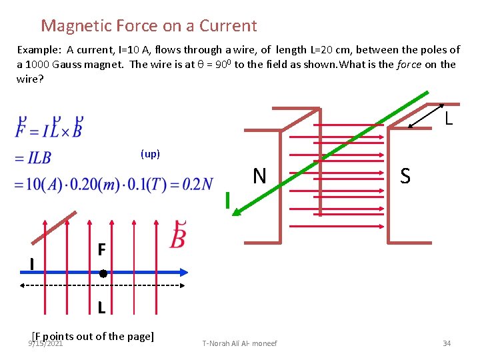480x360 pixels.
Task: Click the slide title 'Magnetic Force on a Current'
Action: click(149, 26)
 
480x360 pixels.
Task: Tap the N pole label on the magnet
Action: click(259, 176)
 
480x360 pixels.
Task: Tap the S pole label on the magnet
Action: click(405, 176)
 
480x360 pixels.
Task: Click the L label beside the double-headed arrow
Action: click(449, 119)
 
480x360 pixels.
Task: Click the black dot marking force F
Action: click(103, 273)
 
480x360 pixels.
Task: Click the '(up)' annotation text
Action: click(150, 154)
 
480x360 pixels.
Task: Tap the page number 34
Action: click(447, 343)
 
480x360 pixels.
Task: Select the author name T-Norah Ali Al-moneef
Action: click(239, 343)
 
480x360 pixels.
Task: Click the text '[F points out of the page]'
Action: click(93, 336)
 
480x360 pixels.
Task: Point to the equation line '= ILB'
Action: click(32, 158)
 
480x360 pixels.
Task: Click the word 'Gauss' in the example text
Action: click(67, 64)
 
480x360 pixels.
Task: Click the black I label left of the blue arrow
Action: click(32, 265)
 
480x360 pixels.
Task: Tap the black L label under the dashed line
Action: click(101, 308)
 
